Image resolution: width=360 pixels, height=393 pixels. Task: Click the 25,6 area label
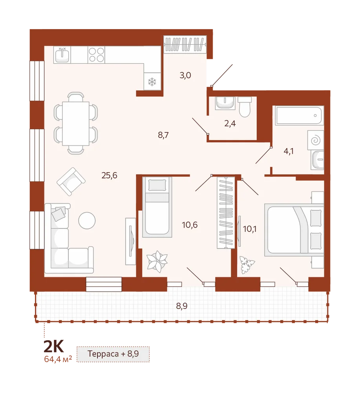(110, 175)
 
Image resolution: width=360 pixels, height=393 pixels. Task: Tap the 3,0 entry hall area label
(185, 75)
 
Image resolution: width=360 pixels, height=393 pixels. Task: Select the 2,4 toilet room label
(230, 123)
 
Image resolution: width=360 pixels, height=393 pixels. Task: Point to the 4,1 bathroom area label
(289, 151)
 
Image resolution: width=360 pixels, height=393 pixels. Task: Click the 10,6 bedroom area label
(190, 225)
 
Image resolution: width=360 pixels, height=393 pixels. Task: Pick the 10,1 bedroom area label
(250, 229)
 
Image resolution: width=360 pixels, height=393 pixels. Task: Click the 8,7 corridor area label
(163, 135)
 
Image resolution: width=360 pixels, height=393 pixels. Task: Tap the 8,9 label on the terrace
(182, 306)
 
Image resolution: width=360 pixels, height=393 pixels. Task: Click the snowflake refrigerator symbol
(152, 82)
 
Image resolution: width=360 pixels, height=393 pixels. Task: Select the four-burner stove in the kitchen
(97, 55)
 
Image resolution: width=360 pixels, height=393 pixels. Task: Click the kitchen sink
(62, 55)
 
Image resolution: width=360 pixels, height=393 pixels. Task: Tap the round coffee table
(87, 220)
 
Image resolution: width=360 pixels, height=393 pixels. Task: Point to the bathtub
(298, 115)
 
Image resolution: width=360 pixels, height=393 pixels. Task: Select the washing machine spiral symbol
(316, 140)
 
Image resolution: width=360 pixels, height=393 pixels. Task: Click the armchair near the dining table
(71, 182)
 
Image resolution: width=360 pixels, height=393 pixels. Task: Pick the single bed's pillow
(157, 185)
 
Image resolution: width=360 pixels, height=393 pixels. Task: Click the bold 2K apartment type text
(54, 346)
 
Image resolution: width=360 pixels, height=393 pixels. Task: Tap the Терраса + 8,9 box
(113, 354)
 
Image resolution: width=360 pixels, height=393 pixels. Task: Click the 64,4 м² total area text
(58, 359)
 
